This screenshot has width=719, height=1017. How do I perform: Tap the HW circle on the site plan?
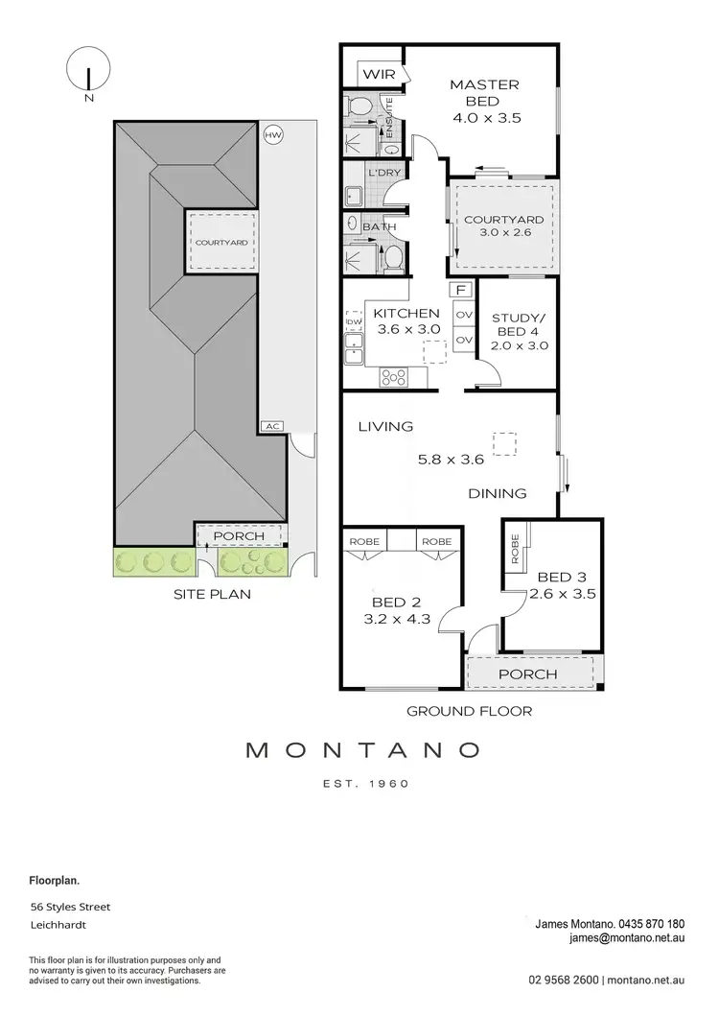point(273,135)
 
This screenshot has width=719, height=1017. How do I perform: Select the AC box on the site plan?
point(270,426)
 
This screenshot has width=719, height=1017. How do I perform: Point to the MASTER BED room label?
point(484,93)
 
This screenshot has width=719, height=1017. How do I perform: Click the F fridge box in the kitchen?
point(462,290)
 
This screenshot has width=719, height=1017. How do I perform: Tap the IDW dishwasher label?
point(353,321)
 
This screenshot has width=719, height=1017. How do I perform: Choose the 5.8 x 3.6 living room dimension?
point(451,459)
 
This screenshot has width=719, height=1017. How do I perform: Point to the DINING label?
point(498,493)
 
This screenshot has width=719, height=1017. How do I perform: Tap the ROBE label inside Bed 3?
point(516,547)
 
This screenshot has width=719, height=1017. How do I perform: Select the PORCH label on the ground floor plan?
point(527,674)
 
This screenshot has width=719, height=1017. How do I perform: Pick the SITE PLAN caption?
point(211,594)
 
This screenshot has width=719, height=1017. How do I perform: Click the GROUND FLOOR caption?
point(469,711)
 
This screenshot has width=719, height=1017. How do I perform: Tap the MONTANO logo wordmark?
point(362,748)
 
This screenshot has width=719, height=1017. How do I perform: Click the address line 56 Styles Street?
point(71,907)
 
